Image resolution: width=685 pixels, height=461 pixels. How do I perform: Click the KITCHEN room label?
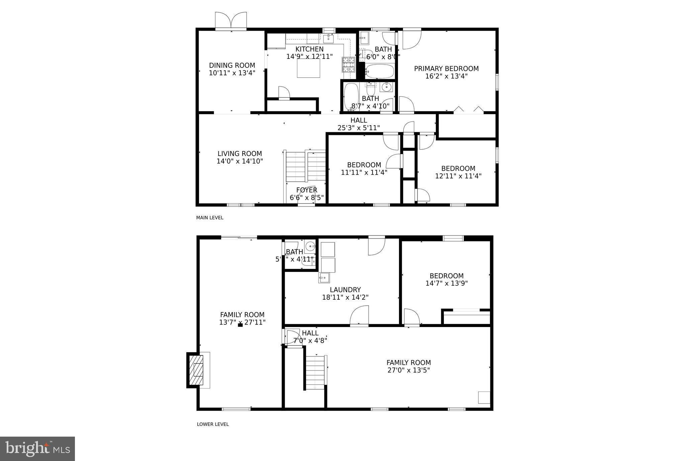point(309,49)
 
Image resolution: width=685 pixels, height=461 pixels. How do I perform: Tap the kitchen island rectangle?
point(308,68)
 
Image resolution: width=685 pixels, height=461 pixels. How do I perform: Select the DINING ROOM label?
point(232,65)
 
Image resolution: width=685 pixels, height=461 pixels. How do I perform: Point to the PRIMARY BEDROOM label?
point(446,68)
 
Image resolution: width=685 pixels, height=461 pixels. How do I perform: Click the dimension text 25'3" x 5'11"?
point(359,128)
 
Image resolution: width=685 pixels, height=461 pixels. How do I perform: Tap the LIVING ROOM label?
point(239,154)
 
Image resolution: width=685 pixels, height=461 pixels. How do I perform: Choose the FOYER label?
point(306,190)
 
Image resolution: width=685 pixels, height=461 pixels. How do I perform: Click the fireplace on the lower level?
point(197,370)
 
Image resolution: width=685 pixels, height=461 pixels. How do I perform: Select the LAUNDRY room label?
point(345,290)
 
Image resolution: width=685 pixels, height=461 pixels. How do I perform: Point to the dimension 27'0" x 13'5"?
point(408,370)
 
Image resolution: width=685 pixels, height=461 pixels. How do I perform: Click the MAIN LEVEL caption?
point(210,218)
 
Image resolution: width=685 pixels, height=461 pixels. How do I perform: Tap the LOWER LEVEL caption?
point(213,424)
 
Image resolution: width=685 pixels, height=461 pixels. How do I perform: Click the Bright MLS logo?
point(37,449)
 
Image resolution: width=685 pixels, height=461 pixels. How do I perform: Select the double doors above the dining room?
point(231,21)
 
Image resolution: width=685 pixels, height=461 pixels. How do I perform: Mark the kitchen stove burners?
point(348,65)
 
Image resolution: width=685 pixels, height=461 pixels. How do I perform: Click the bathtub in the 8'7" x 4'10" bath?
point(351,96)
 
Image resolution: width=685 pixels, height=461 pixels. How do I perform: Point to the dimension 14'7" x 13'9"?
point(446,283)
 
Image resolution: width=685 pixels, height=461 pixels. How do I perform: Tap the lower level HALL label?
point(310,333)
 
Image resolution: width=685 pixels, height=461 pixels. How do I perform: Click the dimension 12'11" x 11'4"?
point(458,176)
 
